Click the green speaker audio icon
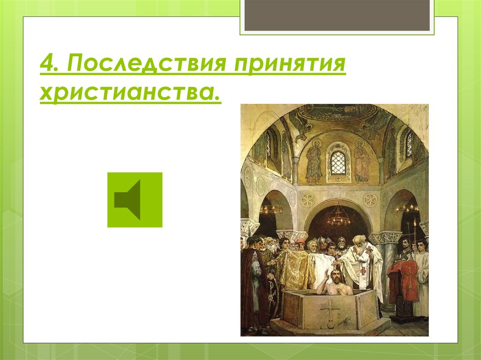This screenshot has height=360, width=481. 135,200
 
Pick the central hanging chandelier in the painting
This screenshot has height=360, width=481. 338,217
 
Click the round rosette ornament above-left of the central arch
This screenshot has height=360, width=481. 307,200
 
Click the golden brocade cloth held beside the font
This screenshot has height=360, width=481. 295,270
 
